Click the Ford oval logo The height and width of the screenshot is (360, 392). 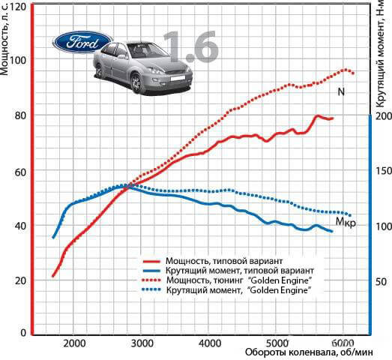pyautogui.click(x=82, y=42)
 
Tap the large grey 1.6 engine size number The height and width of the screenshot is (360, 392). pyautogui.click(x=190, y=46)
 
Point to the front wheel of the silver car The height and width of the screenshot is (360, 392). pyautogui.click(x=136, y=82)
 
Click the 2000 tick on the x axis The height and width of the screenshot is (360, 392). pyautogui.click(x=74, y=343)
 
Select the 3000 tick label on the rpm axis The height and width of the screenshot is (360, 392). pyautogui.click(x=142, y=343)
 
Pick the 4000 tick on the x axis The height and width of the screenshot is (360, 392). pyautogui.click(x=210, y=343)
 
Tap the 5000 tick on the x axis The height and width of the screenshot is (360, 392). pyautogui.click(x=278, y=343)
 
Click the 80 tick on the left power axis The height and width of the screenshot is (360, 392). pyautogui.click(x=20, y=115)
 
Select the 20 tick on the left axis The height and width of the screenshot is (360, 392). pyautogui.click(x=20, y=281)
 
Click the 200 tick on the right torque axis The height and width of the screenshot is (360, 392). pyautogui.click(x=384, y=115)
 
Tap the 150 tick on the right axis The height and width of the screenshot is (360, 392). pyautogui.click(x=384, y=171)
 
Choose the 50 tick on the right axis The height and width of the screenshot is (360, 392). pyautogui.click(x=382, y=282)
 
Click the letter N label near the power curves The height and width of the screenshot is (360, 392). pyautogui.click(x=341, y=92)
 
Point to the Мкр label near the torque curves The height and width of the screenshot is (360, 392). pyautogui.click(x=346, y=222)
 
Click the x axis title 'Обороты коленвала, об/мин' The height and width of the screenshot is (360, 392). pyautogui.click(x=309, y=352)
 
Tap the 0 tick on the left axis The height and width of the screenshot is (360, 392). pyautogui.click(x=23, y=333)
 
